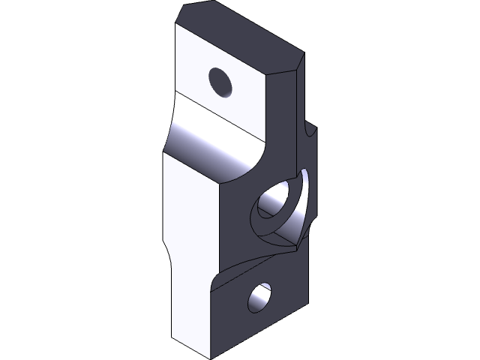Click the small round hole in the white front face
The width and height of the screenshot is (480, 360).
click(220, 80)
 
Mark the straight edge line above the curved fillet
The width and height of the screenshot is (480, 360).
click(217, 116)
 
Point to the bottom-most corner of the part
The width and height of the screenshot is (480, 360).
click(212, 357)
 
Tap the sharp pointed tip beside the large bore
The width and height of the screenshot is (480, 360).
click(298, 244)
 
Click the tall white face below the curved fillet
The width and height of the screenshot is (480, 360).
click(187, 247)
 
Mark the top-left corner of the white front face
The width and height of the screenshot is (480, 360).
click(176, 25)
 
